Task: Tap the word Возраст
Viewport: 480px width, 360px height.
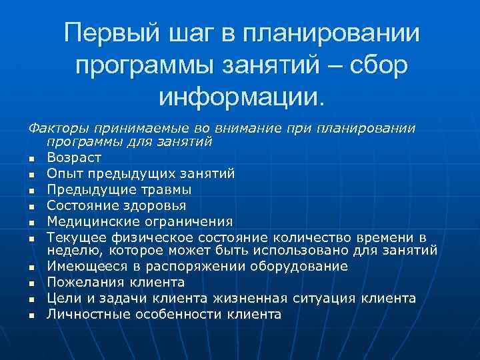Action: tap(74, 158)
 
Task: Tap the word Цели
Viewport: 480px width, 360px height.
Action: tap(62, 298)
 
